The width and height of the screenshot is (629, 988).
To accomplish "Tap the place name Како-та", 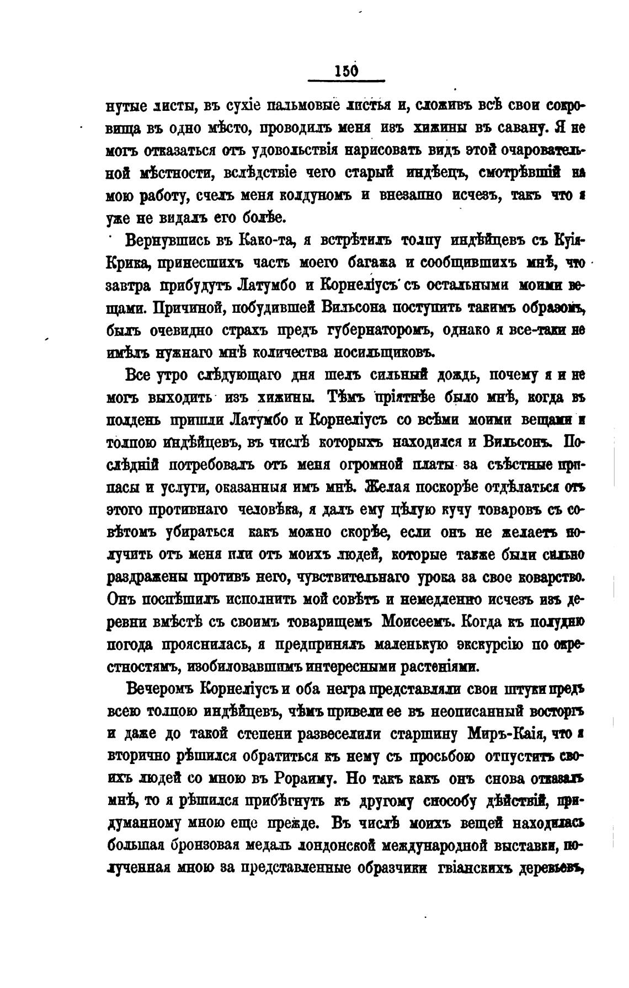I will click(x=270, y=241).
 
